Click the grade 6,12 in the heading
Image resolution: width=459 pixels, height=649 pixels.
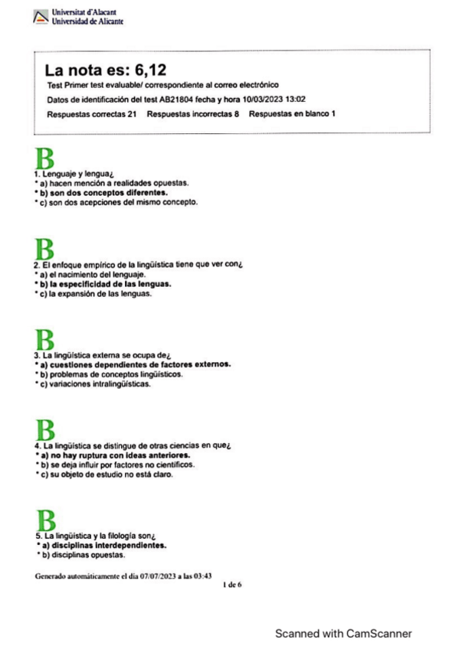145,71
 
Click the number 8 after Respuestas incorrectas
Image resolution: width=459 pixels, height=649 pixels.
238,114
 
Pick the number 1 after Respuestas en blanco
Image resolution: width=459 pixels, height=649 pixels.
332,114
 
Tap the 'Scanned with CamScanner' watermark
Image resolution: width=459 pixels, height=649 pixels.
344,633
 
